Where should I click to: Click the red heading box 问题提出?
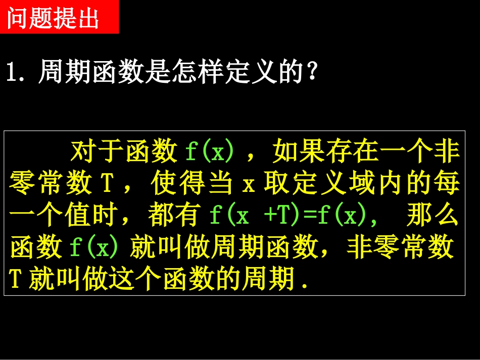pyautogui.click(x=59, y=17)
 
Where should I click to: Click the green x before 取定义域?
pyautogui.click(x=248, y=185)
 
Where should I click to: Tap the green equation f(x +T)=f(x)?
pyautogui.click(x=288, y=217)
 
